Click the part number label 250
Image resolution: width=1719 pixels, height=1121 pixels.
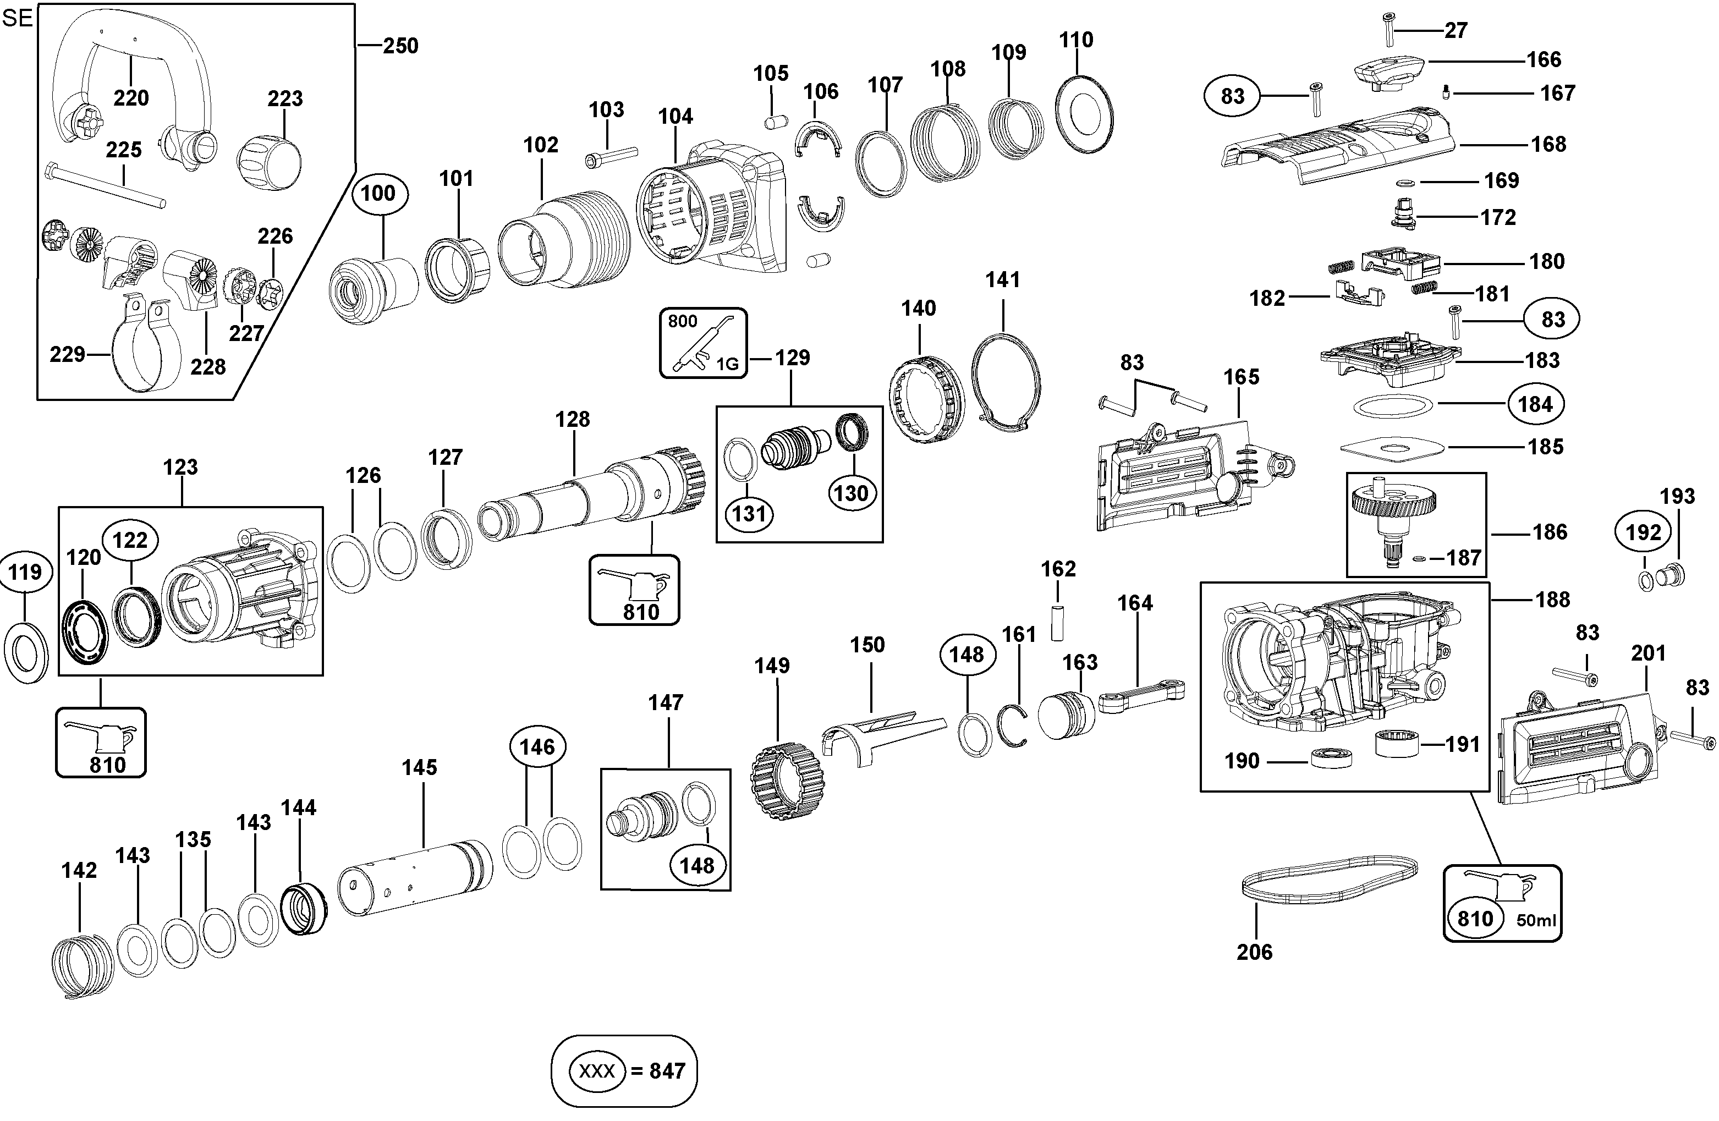click(x=400, y=46)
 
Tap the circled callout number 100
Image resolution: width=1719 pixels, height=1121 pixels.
click(x=378, y=194)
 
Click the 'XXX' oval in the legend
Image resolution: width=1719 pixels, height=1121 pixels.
click(x=597, y=1070)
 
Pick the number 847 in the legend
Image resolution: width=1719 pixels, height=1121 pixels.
click(x=667, y=1070)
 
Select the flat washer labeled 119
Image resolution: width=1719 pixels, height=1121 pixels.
click(x=26, y=651)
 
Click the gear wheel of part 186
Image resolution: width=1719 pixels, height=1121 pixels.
click(x=1393, y=501)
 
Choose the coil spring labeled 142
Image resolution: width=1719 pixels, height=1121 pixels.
click(x=83, y=965)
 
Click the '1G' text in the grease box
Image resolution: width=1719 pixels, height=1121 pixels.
click(x=727, y=365)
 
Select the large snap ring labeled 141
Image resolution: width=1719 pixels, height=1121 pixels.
click(x=1006, y=382)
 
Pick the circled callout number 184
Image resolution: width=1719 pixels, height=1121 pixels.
click(x=1535, y=404)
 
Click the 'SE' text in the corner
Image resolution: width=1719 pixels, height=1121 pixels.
click(x=18, y=18)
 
